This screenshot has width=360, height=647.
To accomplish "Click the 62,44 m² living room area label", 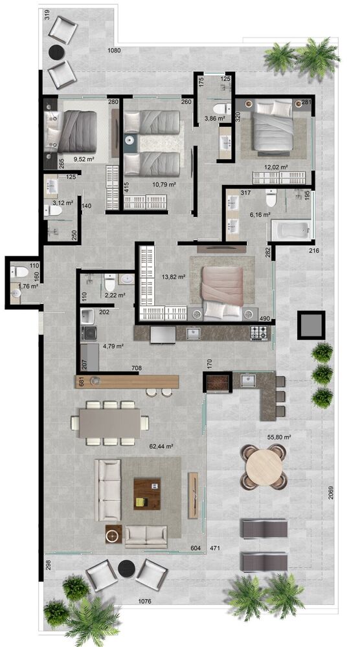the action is [161, 446].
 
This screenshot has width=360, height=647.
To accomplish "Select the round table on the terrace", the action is [264, 466].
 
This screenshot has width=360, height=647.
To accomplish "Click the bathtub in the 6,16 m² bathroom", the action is [291, 230].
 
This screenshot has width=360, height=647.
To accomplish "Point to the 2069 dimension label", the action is [331, 492].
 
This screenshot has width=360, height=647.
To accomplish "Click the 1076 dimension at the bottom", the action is [145, 602].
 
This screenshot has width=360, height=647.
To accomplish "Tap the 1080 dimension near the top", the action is [114, 50].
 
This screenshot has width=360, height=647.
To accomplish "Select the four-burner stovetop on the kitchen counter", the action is [259, 333].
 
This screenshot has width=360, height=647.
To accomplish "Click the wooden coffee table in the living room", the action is [147, 494].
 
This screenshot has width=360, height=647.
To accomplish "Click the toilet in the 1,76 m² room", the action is [19, 272].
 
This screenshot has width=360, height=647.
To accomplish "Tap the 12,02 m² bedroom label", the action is [276, 167].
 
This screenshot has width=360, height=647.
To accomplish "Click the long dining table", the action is [110, 423].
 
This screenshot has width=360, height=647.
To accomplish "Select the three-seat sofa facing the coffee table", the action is [107, 490].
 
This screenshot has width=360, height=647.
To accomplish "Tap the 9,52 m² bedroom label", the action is [84, 159].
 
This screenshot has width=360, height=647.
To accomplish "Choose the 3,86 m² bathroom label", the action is [215, 118].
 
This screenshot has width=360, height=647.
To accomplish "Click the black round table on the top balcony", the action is [56, 52].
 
